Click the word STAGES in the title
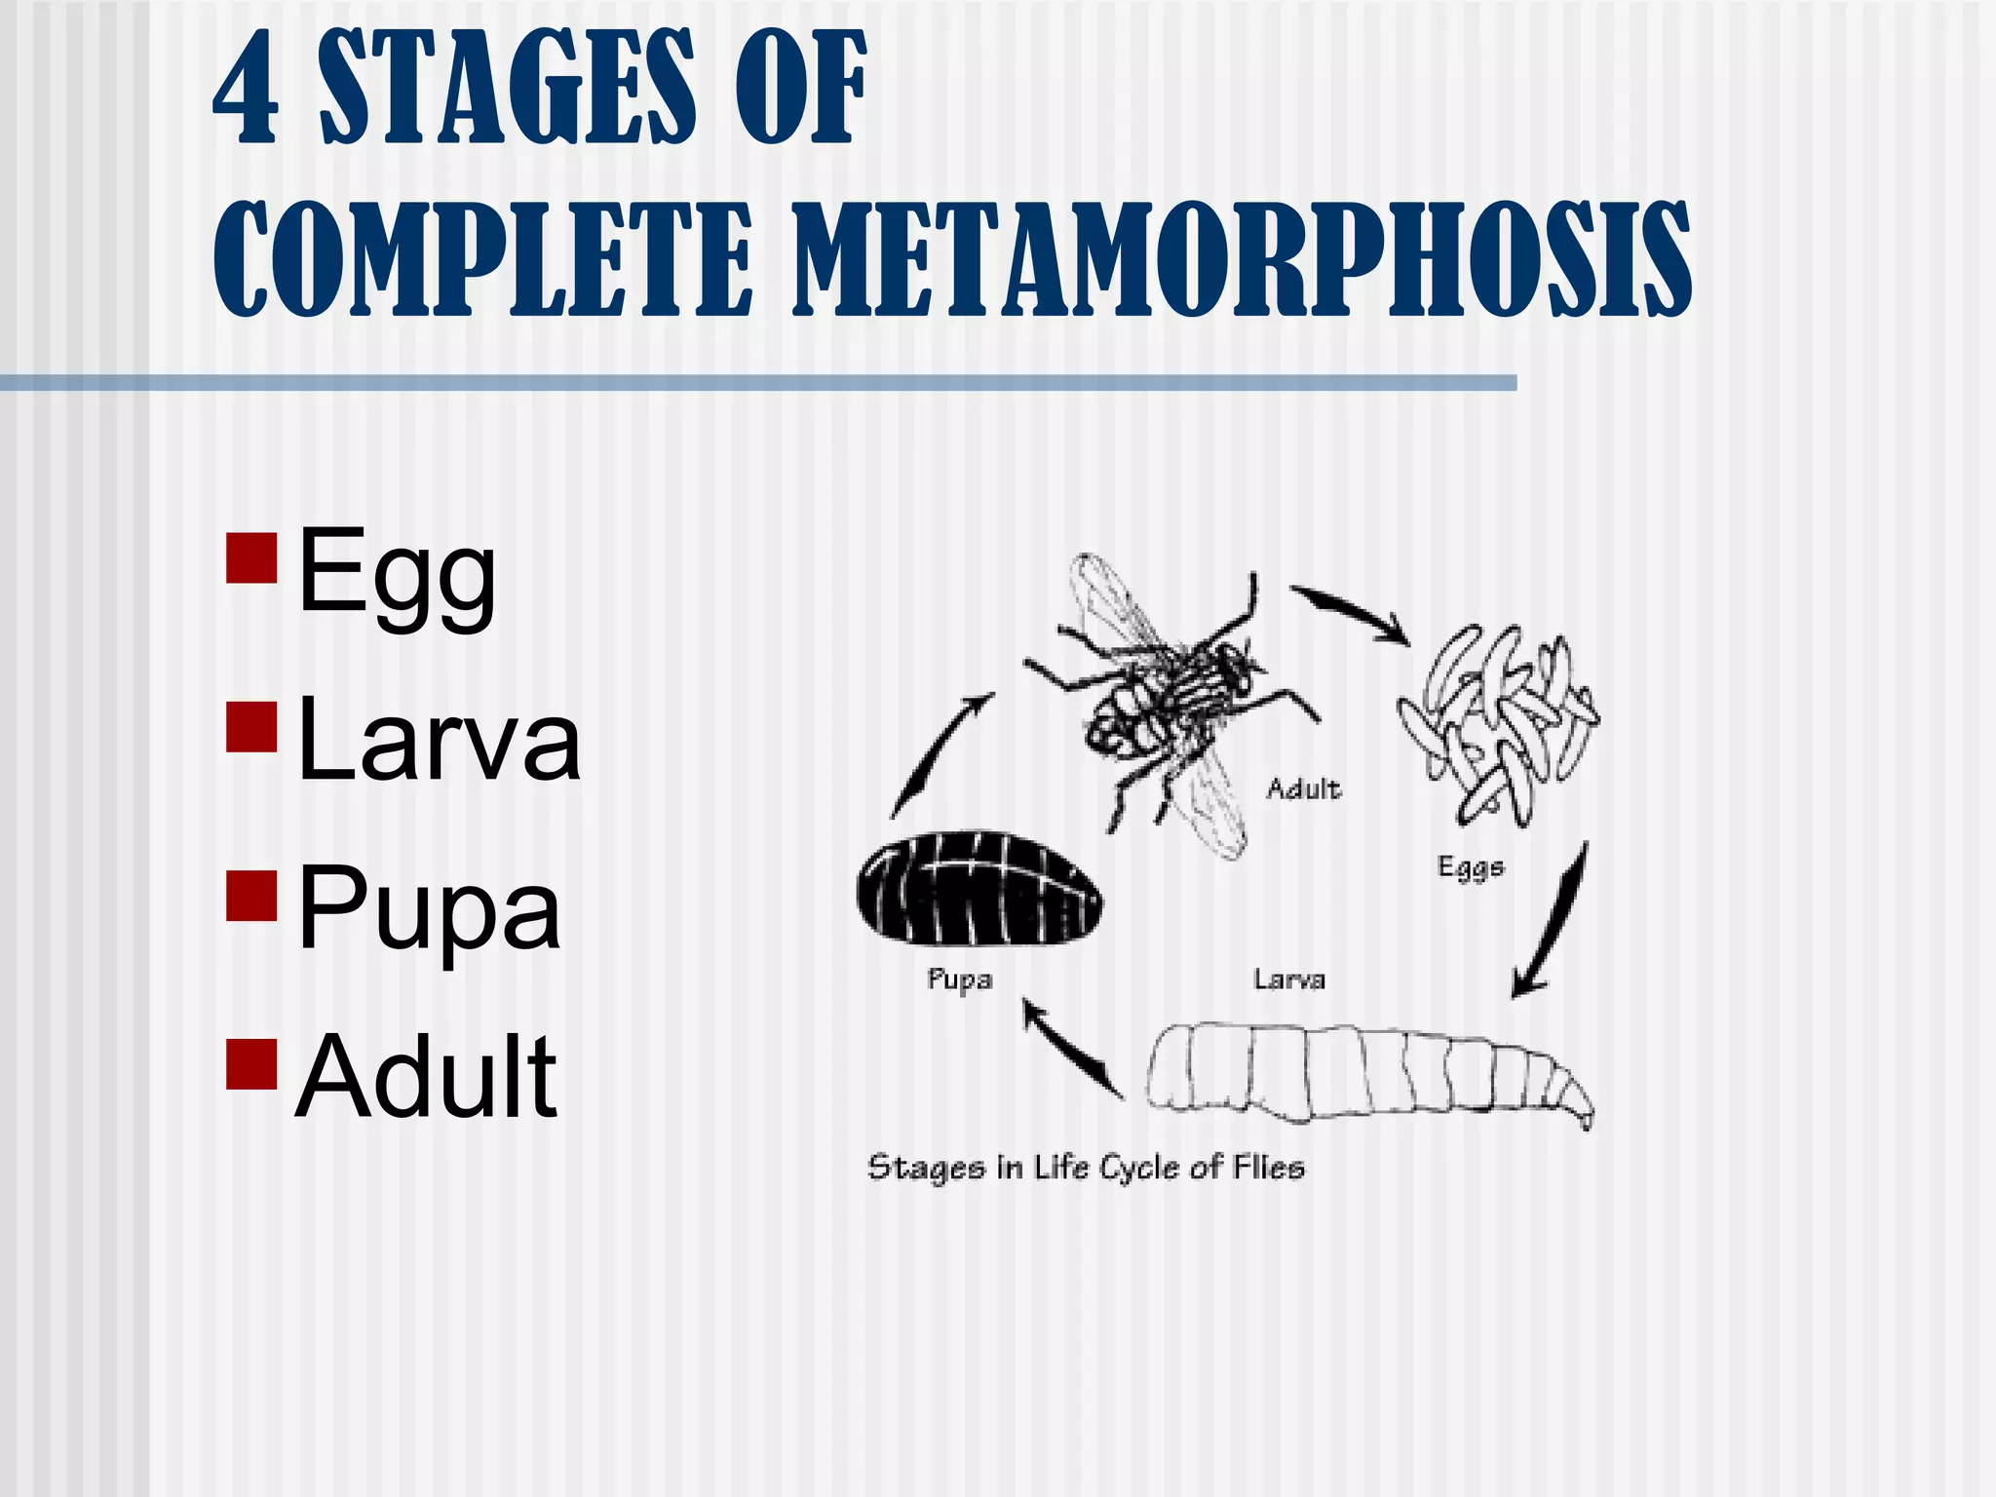pyautogui.click(x=508, y=88)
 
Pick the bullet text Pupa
pyautogui.click(x=429, y=910)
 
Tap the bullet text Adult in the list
pyautogui.click(x=426, y=1076)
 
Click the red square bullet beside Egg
pyautogui.click(x=251, y=557)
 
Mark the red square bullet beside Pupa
pyautogui.click(x=251, y=895)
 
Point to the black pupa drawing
pyautogui.click(x=979, y=888)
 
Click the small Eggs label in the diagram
pyautogui.click(x=1471, y=866)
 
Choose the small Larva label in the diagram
pyautogui.click(x=1288, y=979)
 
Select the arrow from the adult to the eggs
pyautogui.click(x=1350, y=614)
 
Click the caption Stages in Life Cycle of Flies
pyautogui.click(x=1086, y=1167)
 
